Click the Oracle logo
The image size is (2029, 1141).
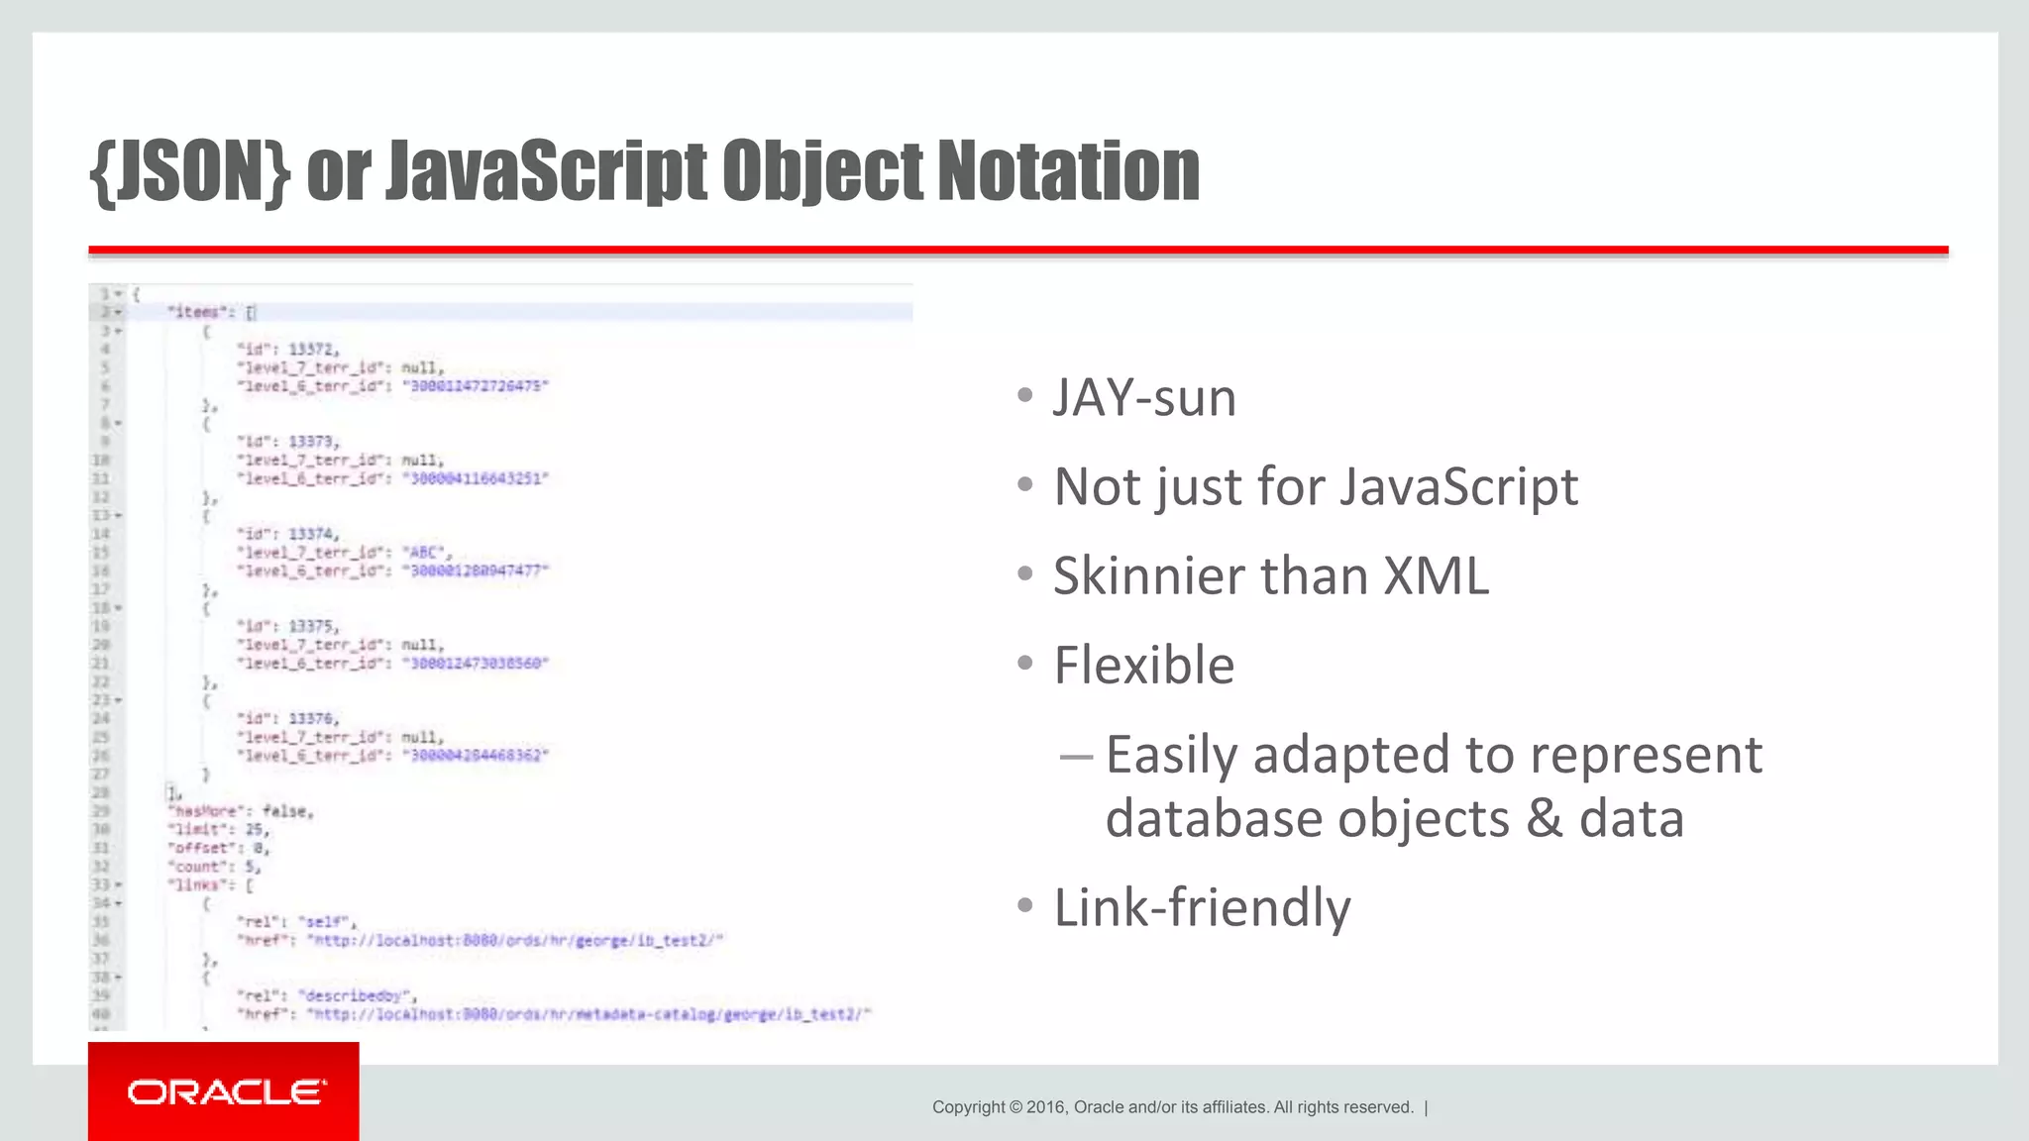click(226, 1091)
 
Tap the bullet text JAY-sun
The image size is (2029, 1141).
click(1144, 398)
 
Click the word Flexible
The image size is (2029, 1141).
click(1144, 665)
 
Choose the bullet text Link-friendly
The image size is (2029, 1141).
click(1202, 907)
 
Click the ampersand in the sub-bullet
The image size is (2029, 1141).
click(1544, 819)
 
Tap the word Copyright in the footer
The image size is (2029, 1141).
click(968, 1107)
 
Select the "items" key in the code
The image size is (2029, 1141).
click(196, 312)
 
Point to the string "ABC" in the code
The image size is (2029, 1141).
click(425, 552)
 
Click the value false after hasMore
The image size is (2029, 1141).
click(287, 811)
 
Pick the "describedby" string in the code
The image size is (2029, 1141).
click(358, 995)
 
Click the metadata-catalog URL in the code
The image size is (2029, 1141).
click(588, 1014)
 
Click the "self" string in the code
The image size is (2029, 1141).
click(327, 921)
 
